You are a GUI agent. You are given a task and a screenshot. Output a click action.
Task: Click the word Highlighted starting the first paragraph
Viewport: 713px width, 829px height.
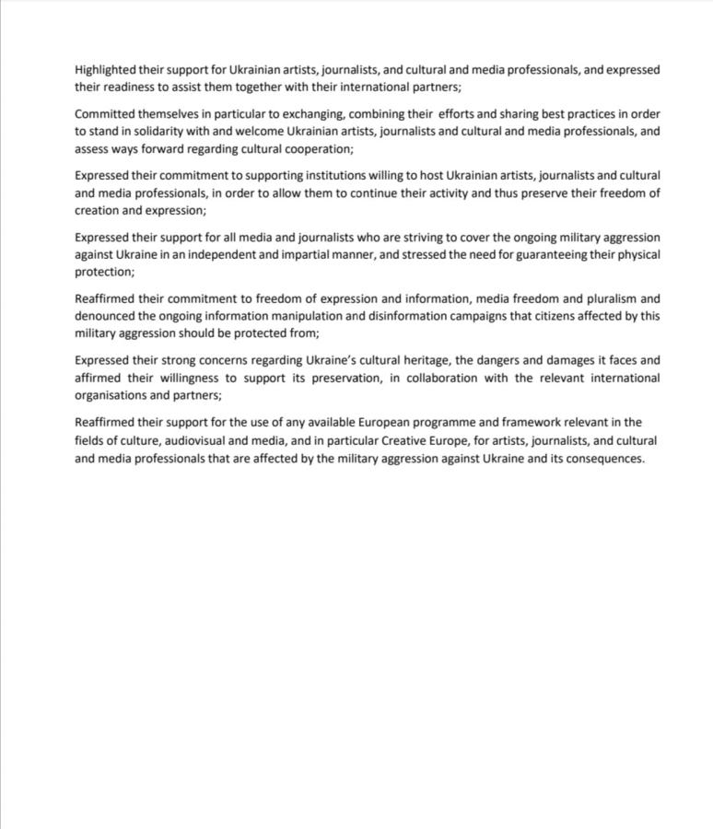(x=105, y=69)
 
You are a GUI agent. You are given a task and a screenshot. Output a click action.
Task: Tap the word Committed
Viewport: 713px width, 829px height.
(x=105, y=114)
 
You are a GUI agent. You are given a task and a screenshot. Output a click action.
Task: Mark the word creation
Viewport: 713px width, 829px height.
(x=98, y=210)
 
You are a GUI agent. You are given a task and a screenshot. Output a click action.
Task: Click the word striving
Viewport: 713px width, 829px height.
(x=418, y=237)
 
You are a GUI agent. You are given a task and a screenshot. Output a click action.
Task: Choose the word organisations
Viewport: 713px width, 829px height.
(x=113, y=395)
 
